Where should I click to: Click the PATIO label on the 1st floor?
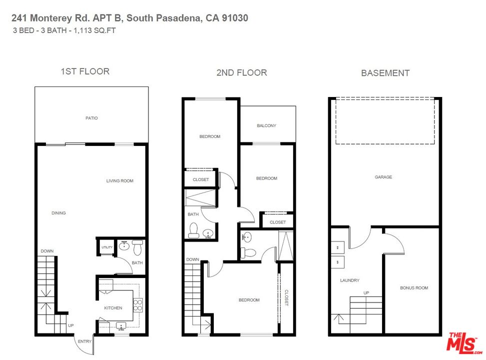point(91,118)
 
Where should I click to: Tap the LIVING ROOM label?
point(120,180)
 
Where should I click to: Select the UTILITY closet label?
point(107,247)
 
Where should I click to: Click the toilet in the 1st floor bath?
point(137,247)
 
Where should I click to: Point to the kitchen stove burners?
point(138,305)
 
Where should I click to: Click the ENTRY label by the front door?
point(84,341)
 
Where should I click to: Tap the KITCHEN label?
point(113,308)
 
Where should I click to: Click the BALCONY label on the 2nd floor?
point(266,125)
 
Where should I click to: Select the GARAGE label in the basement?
point(383,177)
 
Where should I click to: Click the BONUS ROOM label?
point(414,287)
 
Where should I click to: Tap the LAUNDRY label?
point(350,280)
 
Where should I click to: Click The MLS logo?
point(464,343)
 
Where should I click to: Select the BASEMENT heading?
point(385,73)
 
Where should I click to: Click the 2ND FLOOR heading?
point(241,72)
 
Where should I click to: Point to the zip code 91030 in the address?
point(235,18)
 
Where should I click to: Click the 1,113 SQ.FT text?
point(94,30)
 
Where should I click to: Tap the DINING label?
point(58,213)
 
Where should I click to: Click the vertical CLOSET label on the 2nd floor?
point(286,297)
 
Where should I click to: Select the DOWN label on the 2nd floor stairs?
point(192,259)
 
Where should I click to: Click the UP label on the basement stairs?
point(366,292)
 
